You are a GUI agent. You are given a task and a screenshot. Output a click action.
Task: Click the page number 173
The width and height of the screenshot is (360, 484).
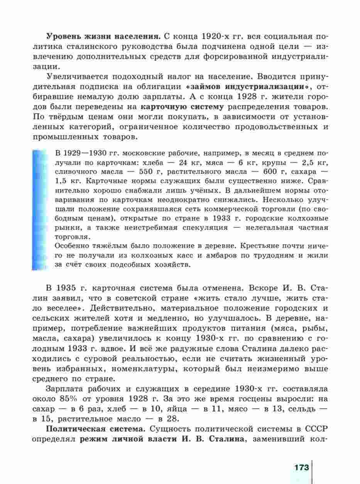[x=301, y=467]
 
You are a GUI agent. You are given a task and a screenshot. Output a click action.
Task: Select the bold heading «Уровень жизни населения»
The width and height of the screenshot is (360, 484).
[x=103, y=37]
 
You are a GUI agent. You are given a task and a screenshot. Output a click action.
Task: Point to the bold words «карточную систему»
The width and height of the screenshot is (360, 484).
[x=182, y=105]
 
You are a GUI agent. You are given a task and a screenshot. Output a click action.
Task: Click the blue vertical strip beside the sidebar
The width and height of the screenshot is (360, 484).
[x=39, y=208]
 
